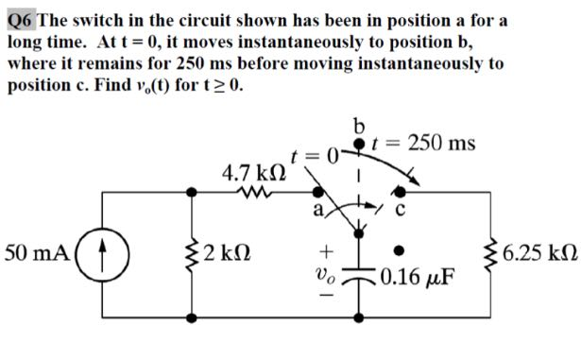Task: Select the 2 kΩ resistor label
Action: [228, 254]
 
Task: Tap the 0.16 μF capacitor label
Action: [415, 280]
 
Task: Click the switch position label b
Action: [358, 126]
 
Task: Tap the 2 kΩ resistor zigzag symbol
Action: [195, 255]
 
